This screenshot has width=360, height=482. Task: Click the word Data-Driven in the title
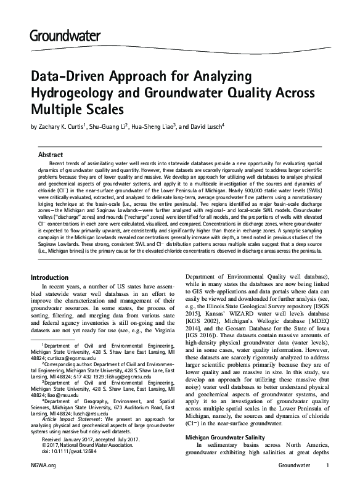click(x=67, y=77)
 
